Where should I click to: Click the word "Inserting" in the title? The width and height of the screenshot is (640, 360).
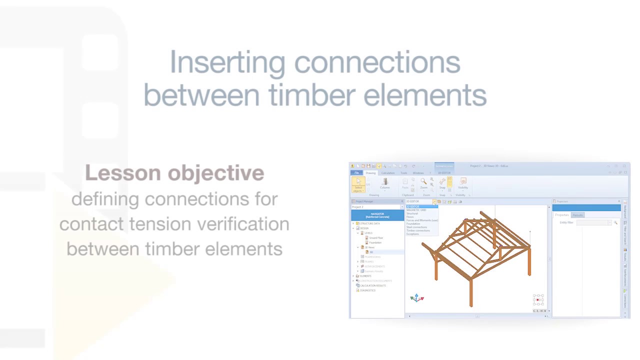point(227,62)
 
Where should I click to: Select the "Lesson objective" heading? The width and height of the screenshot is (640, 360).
point(174,173)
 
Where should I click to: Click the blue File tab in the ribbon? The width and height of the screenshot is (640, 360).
point(356,173)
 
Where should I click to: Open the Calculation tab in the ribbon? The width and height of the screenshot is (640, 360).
point(387,173)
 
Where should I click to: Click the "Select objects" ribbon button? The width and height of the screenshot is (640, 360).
point(358,184)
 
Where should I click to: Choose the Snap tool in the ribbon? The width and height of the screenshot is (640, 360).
point(442,183)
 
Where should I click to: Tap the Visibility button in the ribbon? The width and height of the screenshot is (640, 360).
point(463,183)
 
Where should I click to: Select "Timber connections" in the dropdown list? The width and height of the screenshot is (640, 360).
point(418,230)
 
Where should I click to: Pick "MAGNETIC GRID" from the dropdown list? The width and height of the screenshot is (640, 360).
point(416,210)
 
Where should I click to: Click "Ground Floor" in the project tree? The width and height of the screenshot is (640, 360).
point(376,238)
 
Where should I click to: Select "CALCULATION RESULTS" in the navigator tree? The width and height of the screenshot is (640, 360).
point(373,285)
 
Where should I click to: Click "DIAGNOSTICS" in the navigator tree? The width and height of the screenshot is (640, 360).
point(367,290)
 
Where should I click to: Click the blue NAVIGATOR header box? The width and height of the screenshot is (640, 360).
point(377,215)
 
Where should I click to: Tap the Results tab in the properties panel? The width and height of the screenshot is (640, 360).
point(577,215)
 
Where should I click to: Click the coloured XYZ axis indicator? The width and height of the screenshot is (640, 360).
point(416,298)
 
